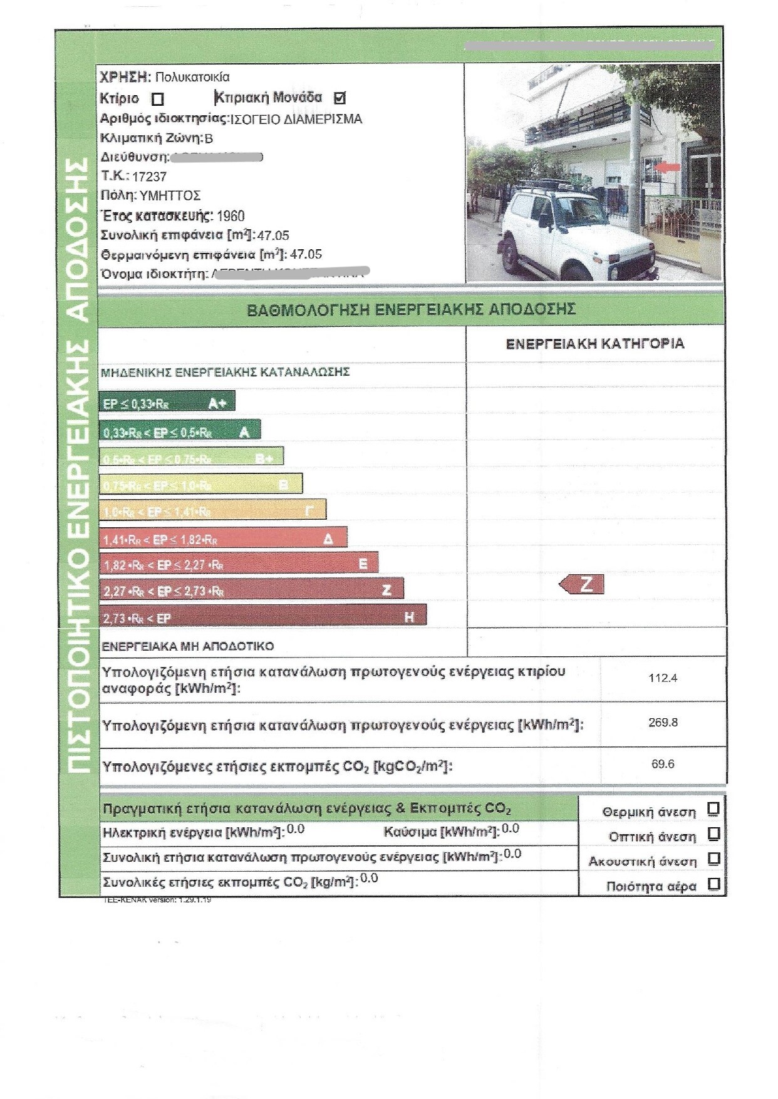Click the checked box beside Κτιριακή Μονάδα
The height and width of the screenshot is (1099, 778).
(x=340, y=98)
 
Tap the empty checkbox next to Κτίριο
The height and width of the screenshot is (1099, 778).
(x=158, y=99)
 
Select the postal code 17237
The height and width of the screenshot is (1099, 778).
(x=149, y=177)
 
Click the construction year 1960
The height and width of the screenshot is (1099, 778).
(x=230, y=216)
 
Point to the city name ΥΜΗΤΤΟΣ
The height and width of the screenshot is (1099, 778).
(x=170, y=195)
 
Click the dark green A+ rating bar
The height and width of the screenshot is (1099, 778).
(x=167, y=402)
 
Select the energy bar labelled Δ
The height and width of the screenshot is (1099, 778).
(x=223, y=538)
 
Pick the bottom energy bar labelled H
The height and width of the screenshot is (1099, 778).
(x=262, y=616)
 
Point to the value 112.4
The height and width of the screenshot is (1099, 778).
(x=663, y=678)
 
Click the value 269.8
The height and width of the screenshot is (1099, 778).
(x=663, y=723)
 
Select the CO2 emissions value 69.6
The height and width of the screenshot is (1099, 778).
(x=663, y=764)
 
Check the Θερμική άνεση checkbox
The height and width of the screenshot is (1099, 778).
(x=713, y=809)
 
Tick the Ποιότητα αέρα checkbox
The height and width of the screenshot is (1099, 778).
(x=713, y=884)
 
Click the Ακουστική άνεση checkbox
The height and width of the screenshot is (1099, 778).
(x=713, y=859)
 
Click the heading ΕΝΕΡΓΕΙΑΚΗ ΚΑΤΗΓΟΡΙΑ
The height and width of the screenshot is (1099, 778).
(x=594, y=344)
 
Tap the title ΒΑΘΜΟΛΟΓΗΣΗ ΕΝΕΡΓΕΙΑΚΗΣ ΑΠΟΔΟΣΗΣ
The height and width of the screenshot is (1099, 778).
(x=411, y=309)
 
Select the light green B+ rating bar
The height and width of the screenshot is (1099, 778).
(x=191, y=457)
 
